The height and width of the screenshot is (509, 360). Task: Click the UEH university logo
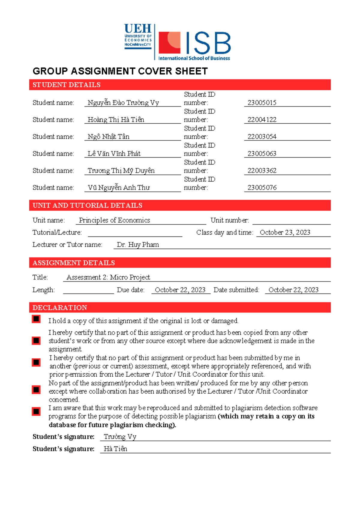[x=138, y=36]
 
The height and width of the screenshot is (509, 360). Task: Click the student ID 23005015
[x=262, y=103]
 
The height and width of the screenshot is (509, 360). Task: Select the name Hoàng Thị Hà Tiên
[x=116, y=120]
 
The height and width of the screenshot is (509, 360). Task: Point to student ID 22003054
[x=262, y=137]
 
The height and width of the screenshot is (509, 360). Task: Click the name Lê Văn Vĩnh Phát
[x=114, y=154]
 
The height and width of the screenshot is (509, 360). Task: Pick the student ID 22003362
[x=262, y=170]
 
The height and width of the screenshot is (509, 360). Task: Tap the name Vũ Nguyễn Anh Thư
[x=118, y=188]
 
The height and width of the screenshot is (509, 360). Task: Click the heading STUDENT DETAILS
[x=66, y=85]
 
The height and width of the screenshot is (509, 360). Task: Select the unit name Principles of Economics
[x=114, y=220]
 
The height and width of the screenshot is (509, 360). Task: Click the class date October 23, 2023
[x=285, y=233]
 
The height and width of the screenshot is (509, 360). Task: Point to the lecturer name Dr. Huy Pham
[x=138, y=245]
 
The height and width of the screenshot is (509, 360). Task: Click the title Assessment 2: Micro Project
[x=108, y=277]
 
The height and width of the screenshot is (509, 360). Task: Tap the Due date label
[x=130, y=290]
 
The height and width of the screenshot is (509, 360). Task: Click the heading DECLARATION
[x=60, y=308]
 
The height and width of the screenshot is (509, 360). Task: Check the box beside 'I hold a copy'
[x=36, y=319]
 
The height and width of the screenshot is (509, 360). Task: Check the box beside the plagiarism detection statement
[x=36, y=411]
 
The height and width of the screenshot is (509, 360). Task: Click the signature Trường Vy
[x=120, y=437]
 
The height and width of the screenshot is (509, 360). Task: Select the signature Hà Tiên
[x=115, y=449]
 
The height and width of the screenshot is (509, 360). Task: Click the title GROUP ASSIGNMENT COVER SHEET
[x=120, y=71]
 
